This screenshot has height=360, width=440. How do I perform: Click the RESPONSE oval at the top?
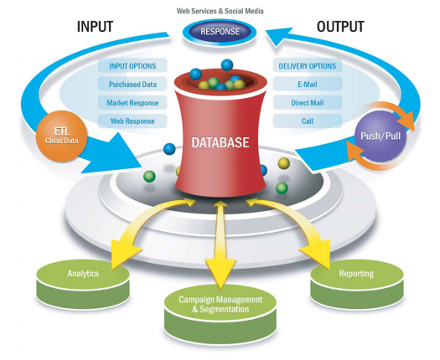click(x=220, y=32)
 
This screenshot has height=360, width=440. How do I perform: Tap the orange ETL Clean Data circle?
click(x=61, y=136)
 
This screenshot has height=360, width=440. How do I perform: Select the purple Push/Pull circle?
click(x=380, y=136)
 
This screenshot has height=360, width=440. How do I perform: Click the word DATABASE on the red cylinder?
click(x=220, y=142)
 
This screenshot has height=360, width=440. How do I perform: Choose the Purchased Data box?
click(x=132, y=84)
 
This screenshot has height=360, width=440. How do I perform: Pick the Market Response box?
click(x=132, y=103)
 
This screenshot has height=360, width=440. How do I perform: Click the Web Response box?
click(x=132, y=121)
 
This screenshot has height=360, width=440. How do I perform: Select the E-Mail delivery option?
click(x=308, y=84)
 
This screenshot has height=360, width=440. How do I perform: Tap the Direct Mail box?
click(x=308, y=103)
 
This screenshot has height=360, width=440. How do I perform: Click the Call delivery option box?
click(x=308, y=121)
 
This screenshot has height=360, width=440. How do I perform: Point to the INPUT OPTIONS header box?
click(x=132, y=65)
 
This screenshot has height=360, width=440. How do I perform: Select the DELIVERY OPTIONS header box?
click(x=308, y=65)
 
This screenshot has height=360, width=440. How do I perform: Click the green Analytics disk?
click(x=83, y=284)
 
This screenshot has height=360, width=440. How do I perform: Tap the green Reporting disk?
click(x=357, y=284)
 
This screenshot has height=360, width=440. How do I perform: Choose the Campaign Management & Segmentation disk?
click(x=220, y=313)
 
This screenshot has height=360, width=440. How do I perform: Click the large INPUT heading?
click(x=95, y=27)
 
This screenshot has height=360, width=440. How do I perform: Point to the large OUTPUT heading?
click(x=340, y=27)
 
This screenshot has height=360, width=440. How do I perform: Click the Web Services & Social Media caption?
click(x=220, y=11)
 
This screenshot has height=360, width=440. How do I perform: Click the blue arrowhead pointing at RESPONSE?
click(x=277, y=36)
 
